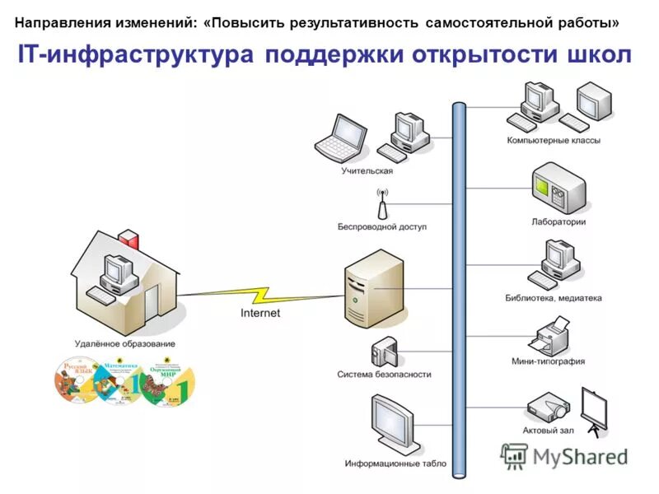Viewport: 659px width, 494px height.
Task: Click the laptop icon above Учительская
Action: pos(341,137)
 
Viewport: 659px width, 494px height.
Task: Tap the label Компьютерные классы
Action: pos(554,140)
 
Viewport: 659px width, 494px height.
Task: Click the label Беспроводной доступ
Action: pos(382,226)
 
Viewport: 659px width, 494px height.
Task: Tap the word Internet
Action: pos(260,313)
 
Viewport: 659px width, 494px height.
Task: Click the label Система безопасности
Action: pos(384,374)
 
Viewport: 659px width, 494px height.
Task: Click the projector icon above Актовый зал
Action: pos(547,406)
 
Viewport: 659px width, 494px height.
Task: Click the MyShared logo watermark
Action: pos(566,455)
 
